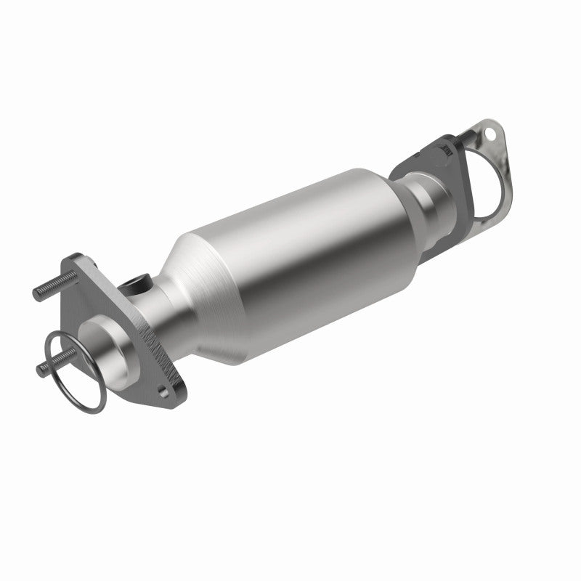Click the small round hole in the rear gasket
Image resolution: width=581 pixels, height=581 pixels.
(x=492, y=135)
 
